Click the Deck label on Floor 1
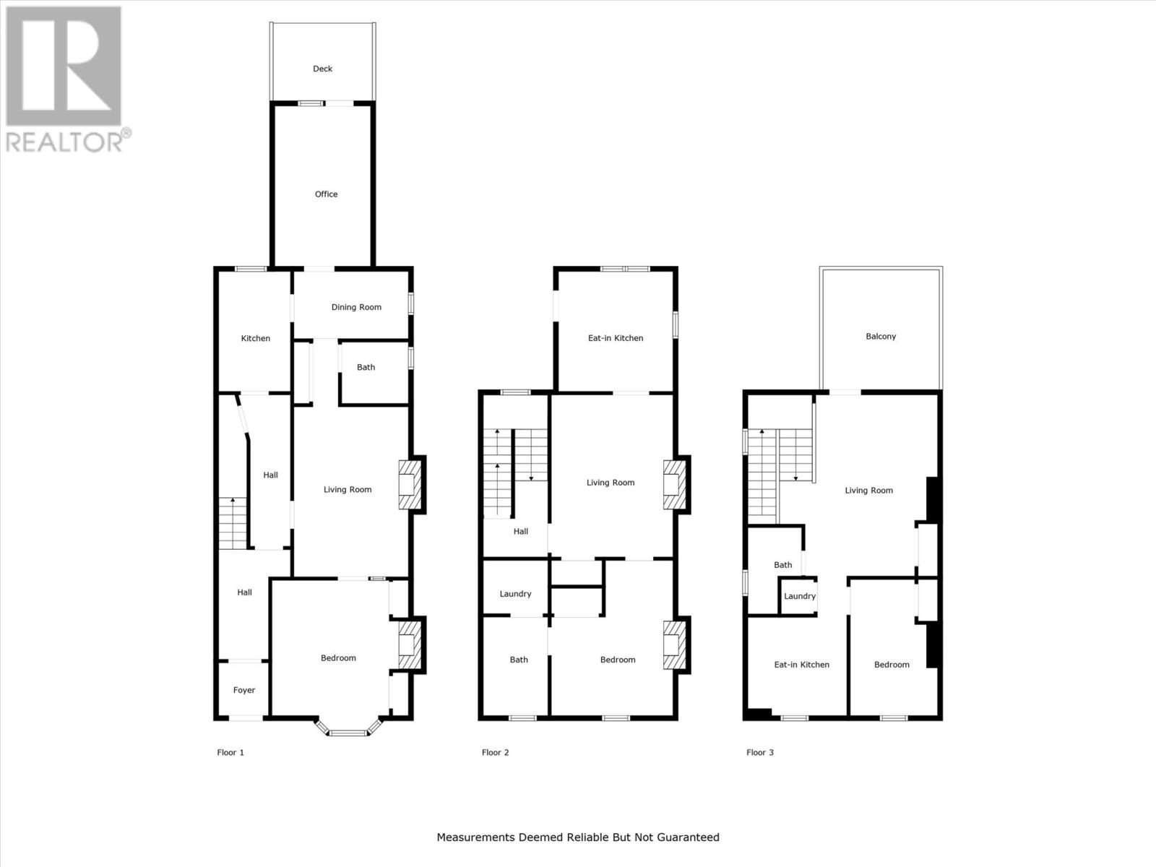[322, 69]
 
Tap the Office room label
[326, 194]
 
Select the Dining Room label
[356, 307]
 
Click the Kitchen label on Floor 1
[255, 338]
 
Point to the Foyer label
[244, 690]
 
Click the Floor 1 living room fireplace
[409, 485]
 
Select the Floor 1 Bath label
[366, 367]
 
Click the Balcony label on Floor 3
[881, 336]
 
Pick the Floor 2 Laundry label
[515, 594]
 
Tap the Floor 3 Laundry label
[799, 596]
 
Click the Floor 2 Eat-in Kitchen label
[615, 338]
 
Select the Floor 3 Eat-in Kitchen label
[801, 665]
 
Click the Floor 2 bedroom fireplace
[673, 644]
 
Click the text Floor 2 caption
[495, 752]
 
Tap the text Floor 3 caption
[759, 752]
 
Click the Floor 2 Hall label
[520, 531]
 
